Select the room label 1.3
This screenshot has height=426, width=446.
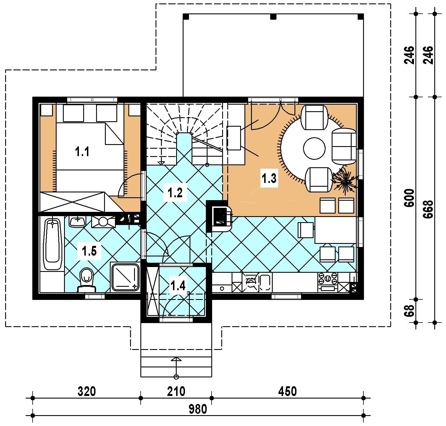(x=269, y=178)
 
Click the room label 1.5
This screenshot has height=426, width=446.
(x=89, y=251)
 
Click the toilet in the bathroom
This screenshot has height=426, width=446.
(x=87, y=280)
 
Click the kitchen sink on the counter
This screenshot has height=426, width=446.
(x=265, y=283)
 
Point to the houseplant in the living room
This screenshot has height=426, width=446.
(x=345, y=181)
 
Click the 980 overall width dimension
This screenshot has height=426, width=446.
(x=198, y=409)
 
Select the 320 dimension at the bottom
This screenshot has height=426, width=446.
(x=87, y=391)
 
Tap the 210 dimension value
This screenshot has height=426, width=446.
(x=176, y=391)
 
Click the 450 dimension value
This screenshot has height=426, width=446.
(x=287, y=391)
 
